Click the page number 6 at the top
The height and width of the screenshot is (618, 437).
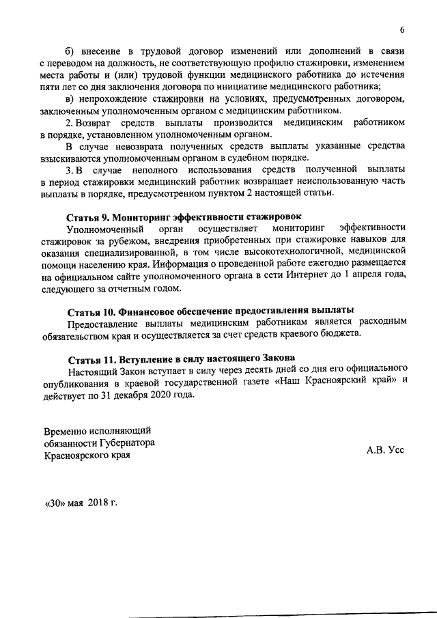pos(402,30)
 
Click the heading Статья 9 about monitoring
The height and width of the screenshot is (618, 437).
pos(184,216)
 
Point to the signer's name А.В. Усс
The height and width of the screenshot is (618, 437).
pos(386,450)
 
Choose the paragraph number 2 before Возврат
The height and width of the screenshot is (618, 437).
pos(69,122)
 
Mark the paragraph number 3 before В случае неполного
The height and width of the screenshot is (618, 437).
pos(69,169)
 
